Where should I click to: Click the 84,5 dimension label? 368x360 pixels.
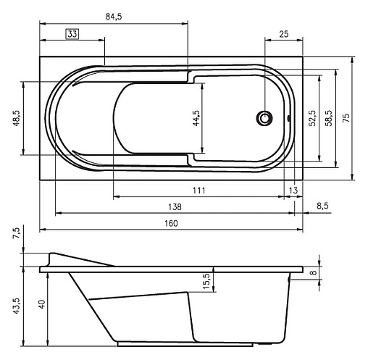coord(114,17)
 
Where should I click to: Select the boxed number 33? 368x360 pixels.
coord(72,34)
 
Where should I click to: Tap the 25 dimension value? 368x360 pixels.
coord(284,34)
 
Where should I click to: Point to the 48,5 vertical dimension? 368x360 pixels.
coord(17,118)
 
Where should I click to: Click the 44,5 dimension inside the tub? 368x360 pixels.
coord(196,118)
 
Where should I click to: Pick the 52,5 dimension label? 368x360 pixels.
coord(312,118)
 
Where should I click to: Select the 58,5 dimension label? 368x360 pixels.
coord(329,118)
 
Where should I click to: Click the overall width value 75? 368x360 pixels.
coord(346,117)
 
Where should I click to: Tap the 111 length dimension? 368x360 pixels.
coord(199,191)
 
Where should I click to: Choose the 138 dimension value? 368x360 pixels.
coord(175,207)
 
